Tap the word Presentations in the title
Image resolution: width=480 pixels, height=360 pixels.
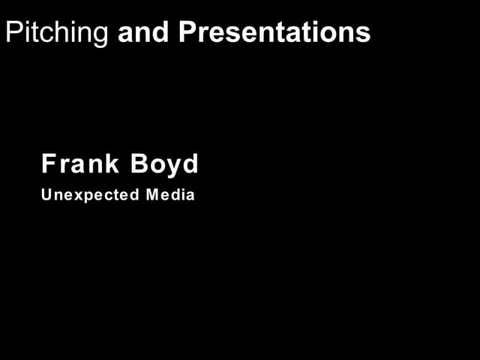[x=274, y=32]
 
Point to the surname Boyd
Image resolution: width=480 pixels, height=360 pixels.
[x=171, y=163]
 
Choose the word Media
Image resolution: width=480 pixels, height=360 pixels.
[x=170, y=195]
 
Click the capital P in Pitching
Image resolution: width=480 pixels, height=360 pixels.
[x=13, y=32]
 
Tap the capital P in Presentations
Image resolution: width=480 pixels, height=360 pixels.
[x=187, y=32]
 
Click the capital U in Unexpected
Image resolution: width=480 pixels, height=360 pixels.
[x=46, y=195]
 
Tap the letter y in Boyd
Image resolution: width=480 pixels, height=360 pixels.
[x=176, y=166]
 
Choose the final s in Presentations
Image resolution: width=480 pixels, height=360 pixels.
[x=364, y=34]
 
